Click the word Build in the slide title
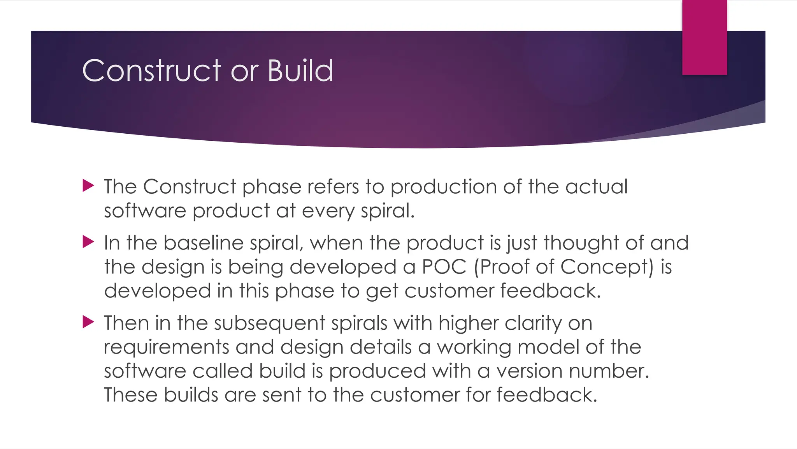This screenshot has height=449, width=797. click(300, 71)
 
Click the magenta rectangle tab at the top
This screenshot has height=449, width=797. click(704, 37)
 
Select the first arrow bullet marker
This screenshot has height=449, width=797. click(88, 186)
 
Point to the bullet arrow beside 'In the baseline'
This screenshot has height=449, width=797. click(88, 242)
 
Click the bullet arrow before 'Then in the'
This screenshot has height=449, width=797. click(88, 322)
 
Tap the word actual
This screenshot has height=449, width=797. click(597, 187)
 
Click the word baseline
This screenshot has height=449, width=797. click(203, 243)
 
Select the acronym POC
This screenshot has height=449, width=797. click(444, 267)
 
